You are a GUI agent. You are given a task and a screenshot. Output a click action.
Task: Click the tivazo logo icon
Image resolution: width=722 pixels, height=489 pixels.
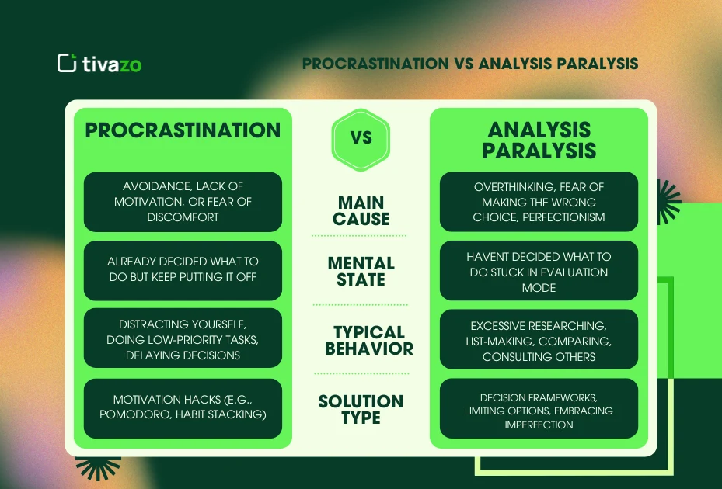click(67, 63)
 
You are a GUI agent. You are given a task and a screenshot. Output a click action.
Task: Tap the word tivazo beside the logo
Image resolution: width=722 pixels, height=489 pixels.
click(112, 64)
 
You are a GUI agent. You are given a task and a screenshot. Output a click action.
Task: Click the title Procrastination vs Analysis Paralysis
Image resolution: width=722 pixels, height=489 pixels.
click(470, 64)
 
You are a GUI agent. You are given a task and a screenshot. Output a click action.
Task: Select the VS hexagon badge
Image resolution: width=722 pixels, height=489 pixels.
click(361, 139)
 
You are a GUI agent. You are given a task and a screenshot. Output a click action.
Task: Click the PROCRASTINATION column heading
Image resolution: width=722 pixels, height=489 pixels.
click(183, 130)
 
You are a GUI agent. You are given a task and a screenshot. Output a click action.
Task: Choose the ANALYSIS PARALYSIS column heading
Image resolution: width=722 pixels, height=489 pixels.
click(539, 140)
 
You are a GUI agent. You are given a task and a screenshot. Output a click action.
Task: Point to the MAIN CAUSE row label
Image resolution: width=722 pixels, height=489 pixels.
click(361, 210)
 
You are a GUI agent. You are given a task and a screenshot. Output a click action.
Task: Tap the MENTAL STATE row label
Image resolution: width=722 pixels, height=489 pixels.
click(361, 272)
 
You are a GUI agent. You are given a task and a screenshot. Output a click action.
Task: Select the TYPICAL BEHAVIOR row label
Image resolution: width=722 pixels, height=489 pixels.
click(368, 340)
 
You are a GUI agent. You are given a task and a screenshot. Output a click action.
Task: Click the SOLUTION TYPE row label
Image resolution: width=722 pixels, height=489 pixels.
click(361, 409)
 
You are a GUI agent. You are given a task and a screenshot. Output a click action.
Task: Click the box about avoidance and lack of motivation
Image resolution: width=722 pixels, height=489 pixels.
click(183, 202)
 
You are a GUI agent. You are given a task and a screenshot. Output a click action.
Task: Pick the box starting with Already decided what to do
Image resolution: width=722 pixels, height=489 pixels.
click(183, 270)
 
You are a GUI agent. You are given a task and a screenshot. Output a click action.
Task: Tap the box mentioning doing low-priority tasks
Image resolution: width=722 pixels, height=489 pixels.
click(183, 339)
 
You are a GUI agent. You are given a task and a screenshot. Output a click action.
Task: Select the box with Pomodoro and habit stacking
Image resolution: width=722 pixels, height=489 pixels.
click(183, 407)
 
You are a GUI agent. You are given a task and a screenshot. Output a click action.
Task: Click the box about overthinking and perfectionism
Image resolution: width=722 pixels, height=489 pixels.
click(539, 202)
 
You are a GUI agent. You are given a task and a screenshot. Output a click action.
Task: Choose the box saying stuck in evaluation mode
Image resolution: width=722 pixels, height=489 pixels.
click(539, 271)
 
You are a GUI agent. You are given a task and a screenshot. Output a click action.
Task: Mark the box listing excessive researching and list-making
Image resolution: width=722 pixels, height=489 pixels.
click(539, 341)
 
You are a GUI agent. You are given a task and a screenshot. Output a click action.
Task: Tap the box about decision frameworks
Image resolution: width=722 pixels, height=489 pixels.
click(539, 410)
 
